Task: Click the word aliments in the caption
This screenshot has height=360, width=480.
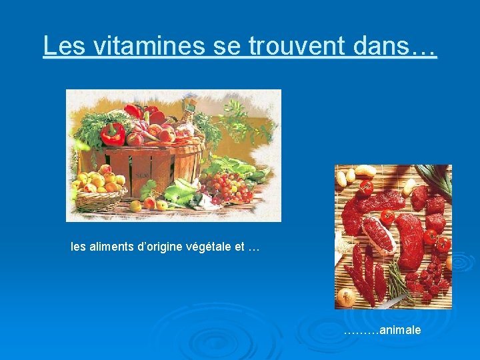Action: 111,247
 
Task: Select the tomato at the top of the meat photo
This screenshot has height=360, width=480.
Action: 366,187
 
